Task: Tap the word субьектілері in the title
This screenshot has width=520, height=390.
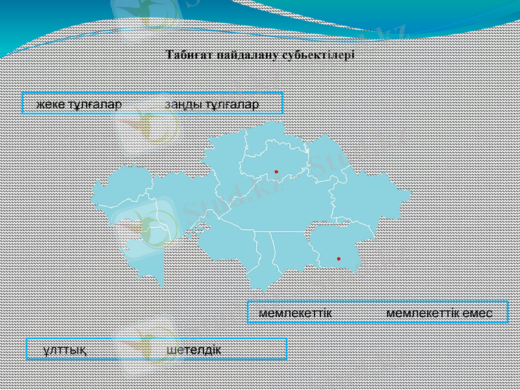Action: [x=318, y=55]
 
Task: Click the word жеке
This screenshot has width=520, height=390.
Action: [x=47, y=105]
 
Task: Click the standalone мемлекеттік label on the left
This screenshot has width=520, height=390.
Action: [x=295, y=313]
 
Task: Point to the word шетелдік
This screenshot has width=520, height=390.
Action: [x=194, y=350]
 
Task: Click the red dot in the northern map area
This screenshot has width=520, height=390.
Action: [x=276, y=172]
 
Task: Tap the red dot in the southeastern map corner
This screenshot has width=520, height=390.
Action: [x=339, y=259]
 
